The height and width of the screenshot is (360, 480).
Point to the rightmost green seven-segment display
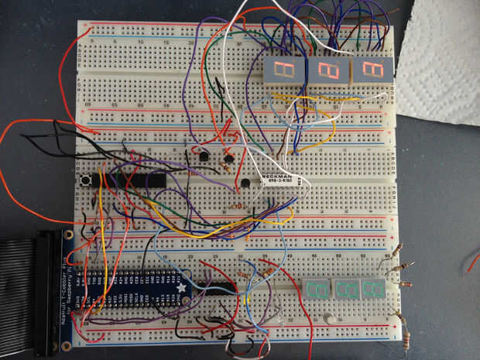(373, 290)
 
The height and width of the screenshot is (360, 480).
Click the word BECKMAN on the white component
(276, 177)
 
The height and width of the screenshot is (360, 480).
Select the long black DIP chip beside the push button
(130, 180)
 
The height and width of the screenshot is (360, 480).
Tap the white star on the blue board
(183, 288)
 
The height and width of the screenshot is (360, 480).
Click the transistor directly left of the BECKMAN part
(245, 183)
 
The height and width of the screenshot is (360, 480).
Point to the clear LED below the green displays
(329, 318)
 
